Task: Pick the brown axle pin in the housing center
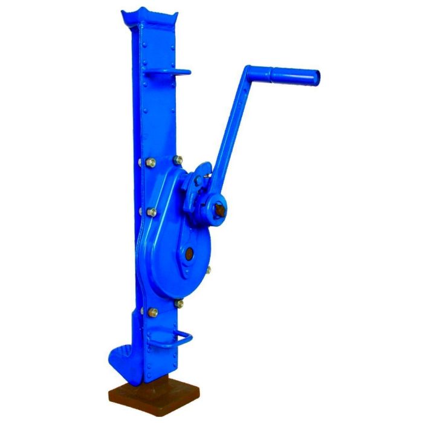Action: [190, 255]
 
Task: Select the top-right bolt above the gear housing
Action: [178, 160]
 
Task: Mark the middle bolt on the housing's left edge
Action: [151, 212]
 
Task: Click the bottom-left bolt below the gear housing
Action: [152, 312]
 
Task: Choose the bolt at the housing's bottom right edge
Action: [179, 303]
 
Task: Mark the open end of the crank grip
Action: [316, 77]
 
